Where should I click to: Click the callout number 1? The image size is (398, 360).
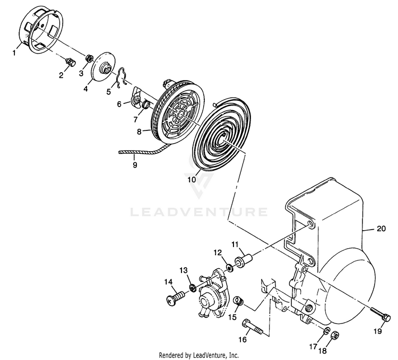15,52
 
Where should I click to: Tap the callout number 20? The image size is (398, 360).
381,229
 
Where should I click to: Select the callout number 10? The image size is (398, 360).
191,180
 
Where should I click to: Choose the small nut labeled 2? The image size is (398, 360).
68,63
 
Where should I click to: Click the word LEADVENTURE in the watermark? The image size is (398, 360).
199,213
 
